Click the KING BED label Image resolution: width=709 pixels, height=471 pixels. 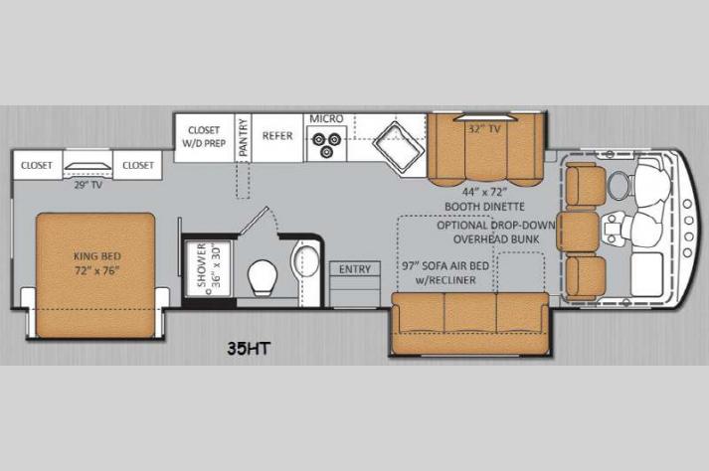pyautogui.click(x=97, y=255)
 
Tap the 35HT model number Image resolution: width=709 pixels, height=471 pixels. pyautogui.click(x=249, y=349)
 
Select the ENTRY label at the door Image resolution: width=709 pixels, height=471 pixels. pyautogui.click(x=355, y=269)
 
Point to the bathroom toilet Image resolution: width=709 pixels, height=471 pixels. pyautogui.click(x=263, y=277)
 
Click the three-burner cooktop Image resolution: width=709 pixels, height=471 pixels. pyautogui.click(x=327, y=144)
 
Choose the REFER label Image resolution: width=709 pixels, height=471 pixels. pyautogui.click(x=277, y=135)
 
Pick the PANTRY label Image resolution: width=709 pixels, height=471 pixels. pyautogui.click(x=244, y=137)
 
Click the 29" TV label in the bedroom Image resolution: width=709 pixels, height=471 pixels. pyautogui.click(x=88, y=185)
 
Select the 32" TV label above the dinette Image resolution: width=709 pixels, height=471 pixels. pyautogui.click(x=484, y=129)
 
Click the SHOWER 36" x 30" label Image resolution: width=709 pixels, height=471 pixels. pyautogui.click(x=209, y=265)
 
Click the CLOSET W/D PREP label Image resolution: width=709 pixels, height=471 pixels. pyautogui.click(x=204, y=136)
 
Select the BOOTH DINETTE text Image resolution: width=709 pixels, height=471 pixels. pyautogui.click(x=484, y=207)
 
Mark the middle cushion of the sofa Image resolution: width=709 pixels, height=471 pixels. pyautogui.click(x=470, y=313)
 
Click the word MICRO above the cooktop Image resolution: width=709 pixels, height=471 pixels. pyautogui.click(x=326, y=119)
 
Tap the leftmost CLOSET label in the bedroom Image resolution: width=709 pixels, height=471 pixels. pyautogui.click(x=37, y=165)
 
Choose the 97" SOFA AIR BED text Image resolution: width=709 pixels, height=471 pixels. pyautogui.click(x=445, y=265)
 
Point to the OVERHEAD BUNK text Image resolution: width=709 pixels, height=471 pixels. pyautogui.click(x=496, y=239)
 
